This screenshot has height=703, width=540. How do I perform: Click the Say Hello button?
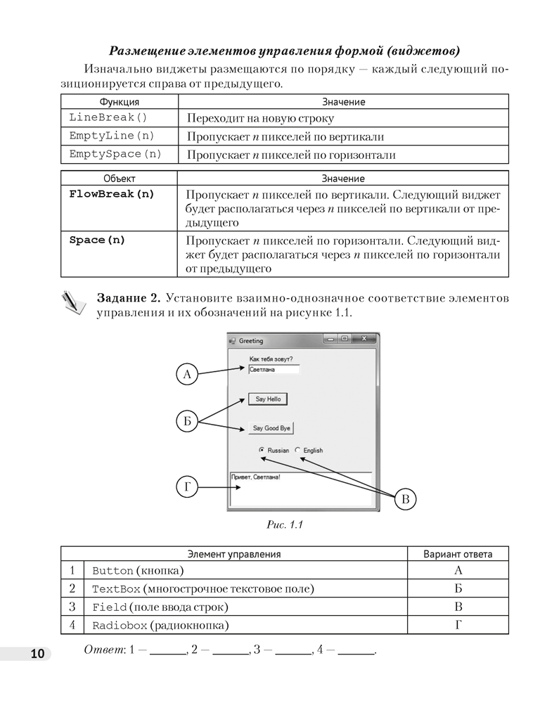point(267,399)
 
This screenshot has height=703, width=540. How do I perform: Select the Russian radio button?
point(262,450)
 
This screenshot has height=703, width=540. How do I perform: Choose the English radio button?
point(297,450)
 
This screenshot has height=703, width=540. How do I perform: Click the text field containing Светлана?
point(274,369)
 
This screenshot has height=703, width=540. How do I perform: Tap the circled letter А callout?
point(187,375)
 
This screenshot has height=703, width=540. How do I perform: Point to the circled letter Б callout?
point(187,421)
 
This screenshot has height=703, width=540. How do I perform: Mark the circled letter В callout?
point(405,499)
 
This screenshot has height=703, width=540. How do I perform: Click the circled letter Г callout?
point(187,486)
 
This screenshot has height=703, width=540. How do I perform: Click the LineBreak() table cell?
point(108,117)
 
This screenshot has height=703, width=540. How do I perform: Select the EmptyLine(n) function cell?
point(112,136)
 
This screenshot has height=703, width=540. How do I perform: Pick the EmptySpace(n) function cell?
point(115,154)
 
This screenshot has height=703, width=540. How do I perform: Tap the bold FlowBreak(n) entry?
point(112,194)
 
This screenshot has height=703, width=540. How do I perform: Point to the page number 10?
point(37,654)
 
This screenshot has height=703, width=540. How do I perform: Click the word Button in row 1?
point(112,571)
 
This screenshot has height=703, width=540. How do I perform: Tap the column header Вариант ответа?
point(458,554)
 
